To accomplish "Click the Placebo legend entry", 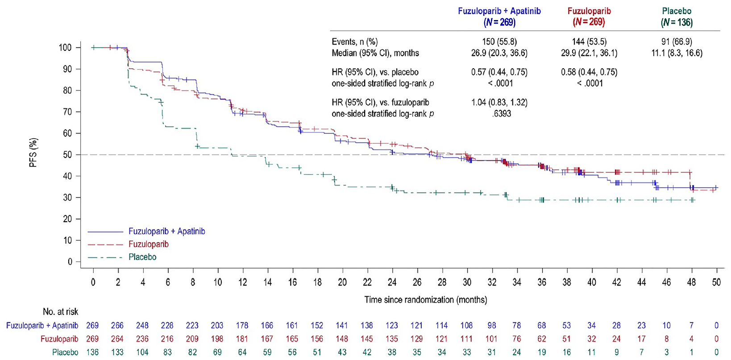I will (x=142, y=257).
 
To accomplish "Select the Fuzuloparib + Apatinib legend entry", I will (x=166, y=231).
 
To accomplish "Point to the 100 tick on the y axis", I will (x=65, y=48).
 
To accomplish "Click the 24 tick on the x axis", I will (x=392, y=282).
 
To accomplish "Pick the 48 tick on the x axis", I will (x=691, y=282).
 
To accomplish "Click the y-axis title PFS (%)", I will (x=33, y=153).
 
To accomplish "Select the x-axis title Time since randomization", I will (x=425, y=300).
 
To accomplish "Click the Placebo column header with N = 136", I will (x=677, y=17).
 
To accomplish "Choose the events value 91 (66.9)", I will (x=677, y=42).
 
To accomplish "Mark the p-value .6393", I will (x=499, y=114).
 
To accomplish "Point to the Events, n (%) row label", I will (x=354, y=42).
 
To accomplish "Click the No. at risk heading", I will (x=60, y=311).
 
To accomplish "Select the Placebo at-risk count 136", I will (x=92, y=352).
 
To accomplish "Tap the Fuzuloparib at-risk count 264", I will (x=117, y=339).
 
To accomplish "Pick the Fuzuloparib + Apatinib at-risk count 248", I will (x=142, y=326).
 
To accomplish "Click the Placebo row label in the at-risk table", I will (x=65, y=352).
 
